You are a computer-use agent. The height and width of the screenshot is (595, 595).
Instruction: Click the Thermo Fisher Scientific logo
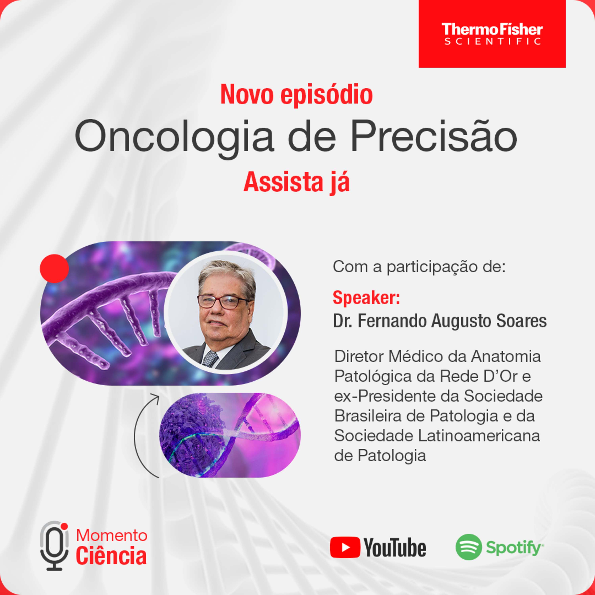[492, 34]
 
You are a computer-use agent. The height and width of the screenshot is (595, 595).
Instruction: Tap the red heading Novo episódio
[297, 95]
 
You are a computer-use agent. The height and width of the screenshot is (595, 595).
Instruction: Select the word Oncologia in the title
[174, 136]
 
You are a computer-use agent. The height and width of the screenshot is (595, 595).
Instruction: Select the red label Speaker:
[366, 298]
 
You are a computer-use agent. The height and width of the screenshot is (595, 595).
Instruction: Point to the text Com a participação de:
[419, 267]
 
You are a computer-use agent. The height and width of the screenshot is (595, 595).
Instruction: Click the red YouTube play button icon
[345, 547]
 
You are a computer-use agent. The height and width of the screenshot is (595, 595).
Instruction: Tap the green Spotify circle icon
[469, 547]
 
